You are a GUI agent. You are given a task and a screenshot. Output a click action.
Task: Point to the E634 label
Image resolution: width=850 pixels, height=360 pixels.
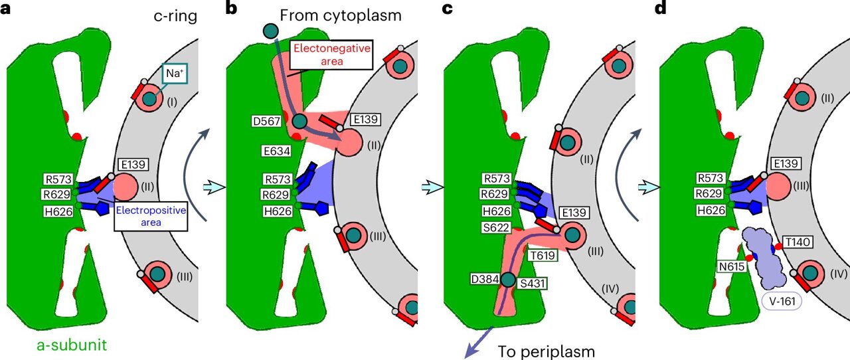(276, 151)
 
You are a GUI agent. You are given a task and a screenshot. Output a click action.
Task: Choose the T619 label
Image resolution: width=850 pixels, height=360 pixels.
(542, 255)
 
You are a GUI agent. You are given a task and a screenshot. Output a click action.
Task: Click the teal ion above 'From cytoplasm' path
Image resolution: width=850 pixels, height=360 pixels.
(271, 31)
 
